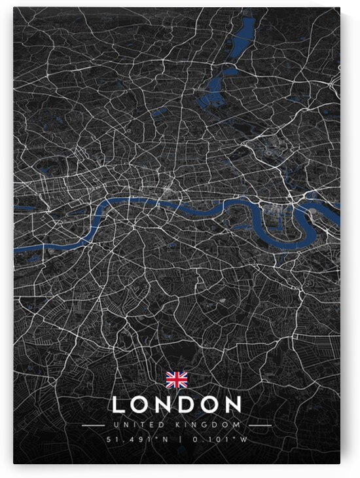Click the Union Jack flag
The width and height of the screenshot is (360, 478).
(x=176, y=379)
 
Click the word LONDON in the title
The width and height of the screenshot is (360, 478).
(x=177, y=405)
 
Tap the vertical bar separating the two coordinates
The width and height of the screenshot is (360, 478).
(x=177, y=439)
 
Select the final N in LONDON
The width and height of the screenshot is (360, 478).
(x=232, y=405)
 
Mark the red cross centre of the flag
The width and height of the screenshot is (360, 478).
(x=176, y=379)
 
